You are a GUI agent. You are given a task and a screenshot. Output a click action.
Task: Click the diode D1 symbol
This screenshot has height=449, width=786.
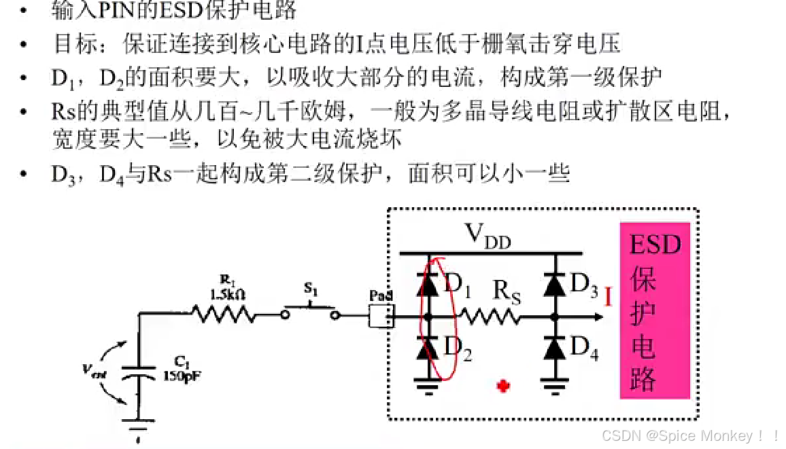[x=428, y=285]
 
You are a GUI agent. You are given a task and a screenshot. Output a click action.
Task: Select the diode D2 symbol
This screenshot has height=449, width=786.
[x=428, y=349]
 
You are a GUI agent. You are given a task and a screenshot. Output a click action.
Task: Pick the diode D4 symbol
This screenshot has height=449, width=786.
[x=555, y=349]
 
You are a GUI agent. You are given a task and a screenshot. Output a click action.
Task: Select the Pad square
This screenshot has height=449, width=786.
[x=381, y=315]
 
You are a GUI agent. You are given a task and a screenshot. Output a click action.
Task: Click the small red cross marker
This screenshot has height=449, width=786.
[x=504, y=387]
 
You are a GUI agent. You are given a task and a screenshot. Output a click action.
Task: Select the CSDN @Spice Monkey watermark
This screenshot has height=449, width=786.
[x=689, y=435]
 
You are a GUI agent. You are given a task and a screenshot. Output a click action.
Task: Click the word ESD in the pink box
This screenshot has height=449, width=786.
[x=655, y=245]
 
